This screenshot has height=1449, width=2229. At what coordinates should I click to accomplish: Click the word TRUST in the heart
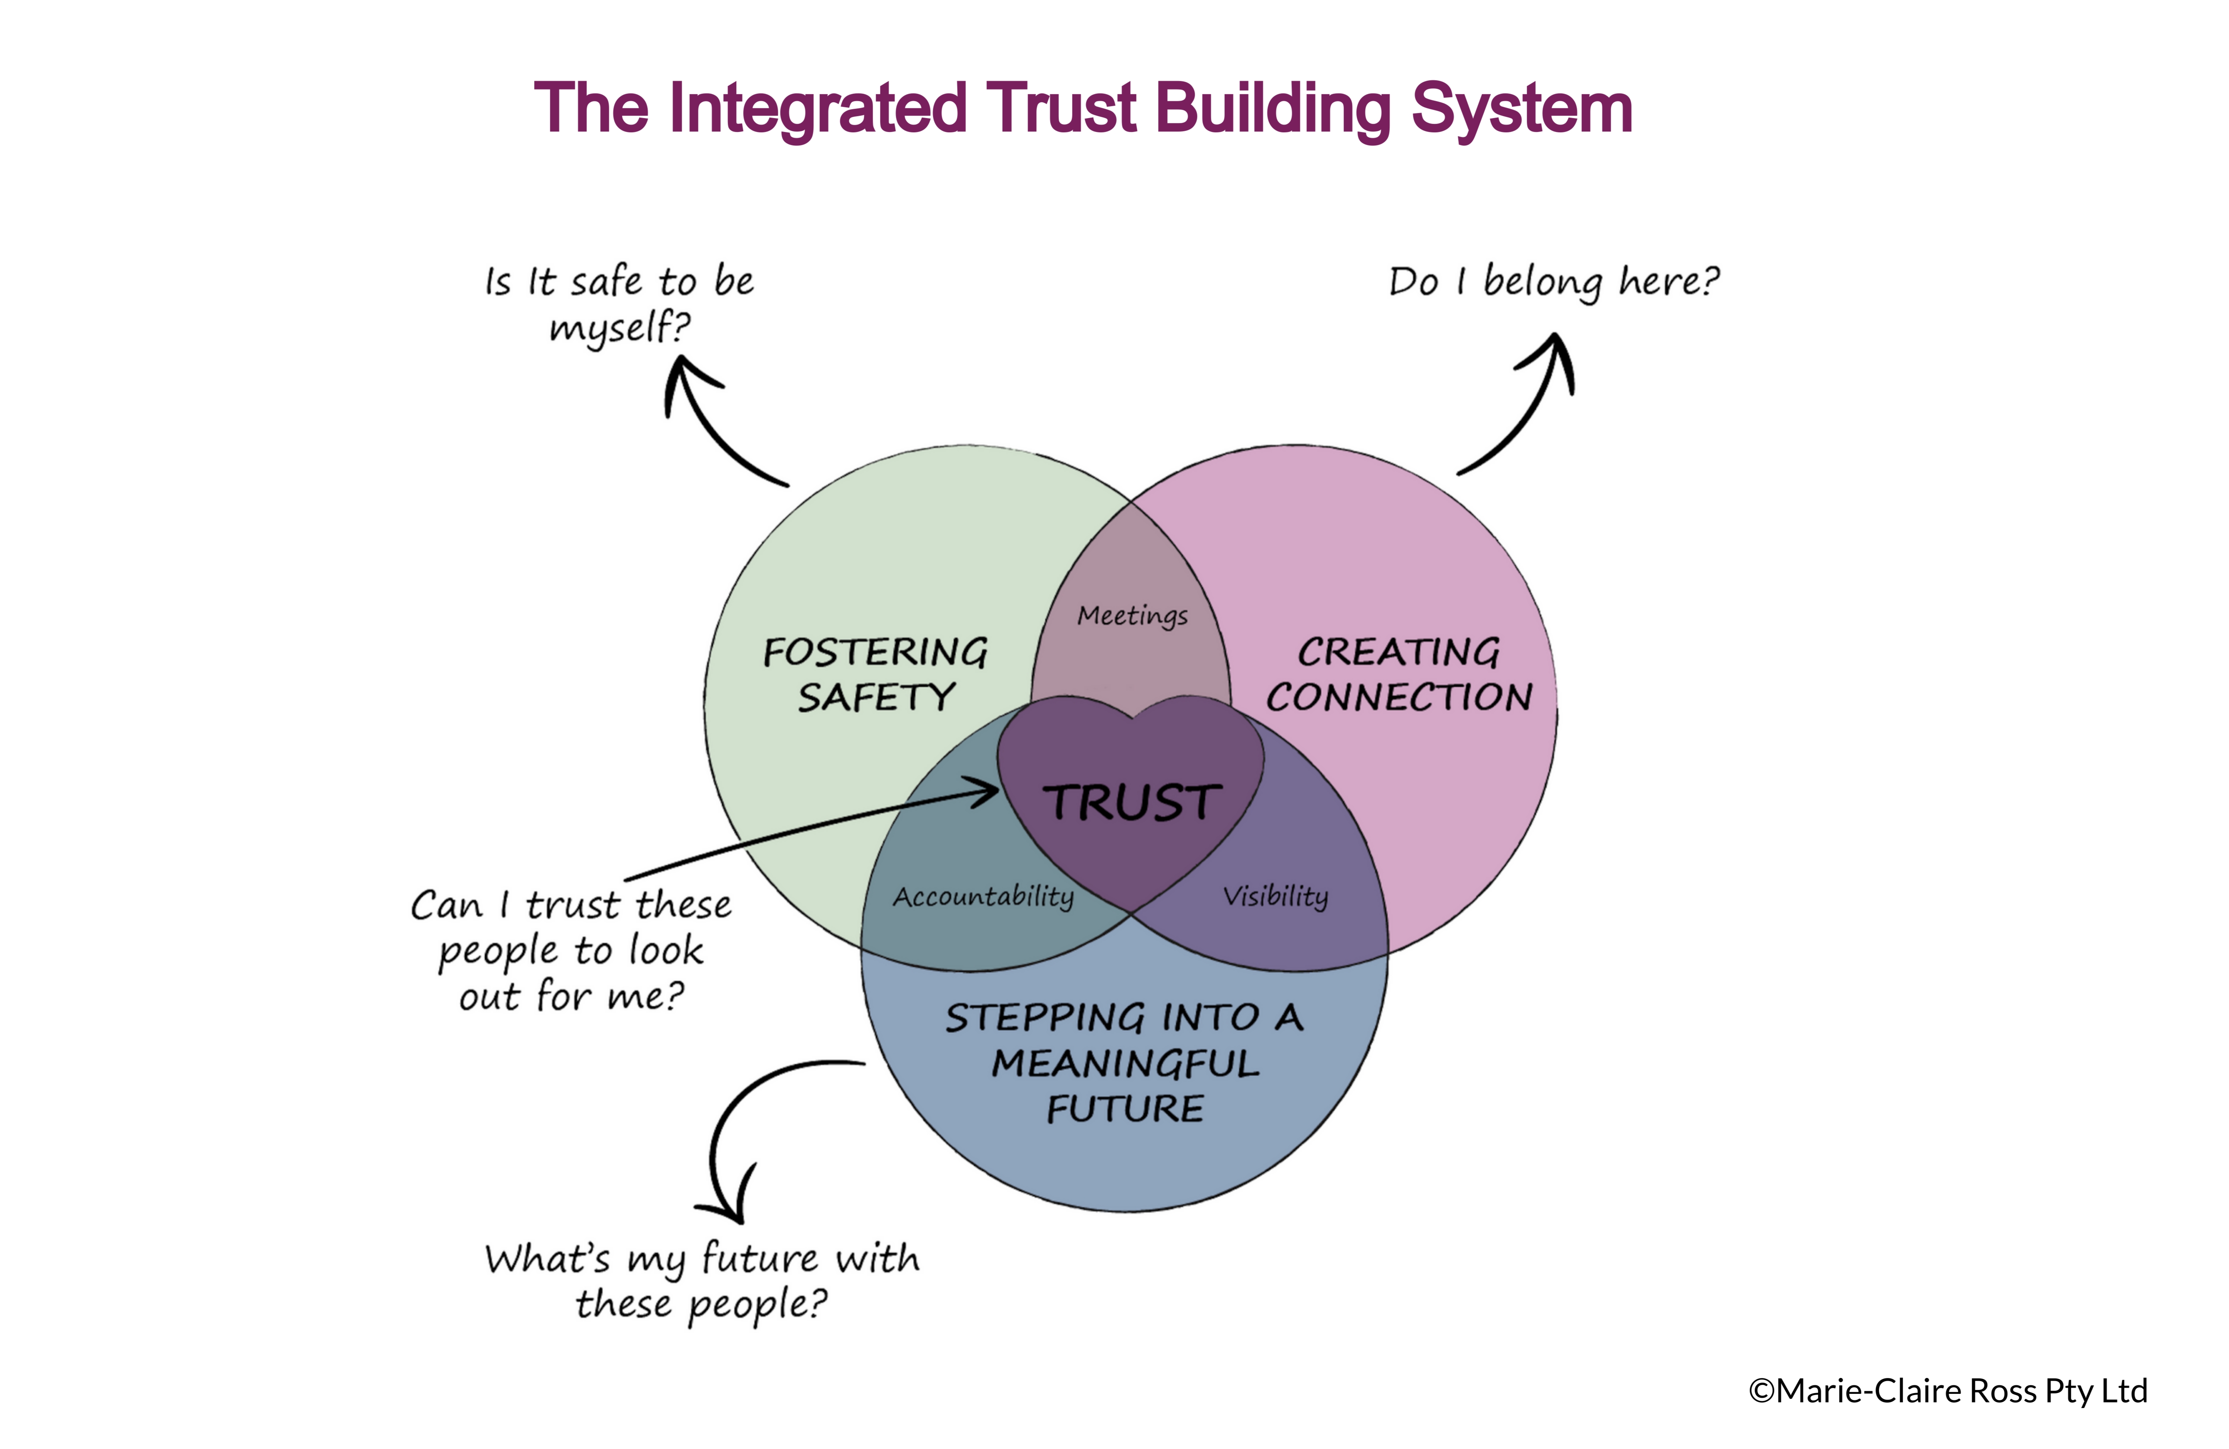coord(1131,803)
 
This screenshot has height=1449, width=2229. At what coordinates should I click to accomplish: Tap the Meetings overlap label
coord(1132,616)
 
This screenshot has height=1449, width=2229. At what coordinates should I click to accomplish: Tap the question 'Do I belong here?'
coord(1554,281)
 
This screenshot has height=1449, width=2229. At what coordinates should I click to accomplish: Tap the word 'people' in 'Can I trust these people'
coord(497,951)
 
